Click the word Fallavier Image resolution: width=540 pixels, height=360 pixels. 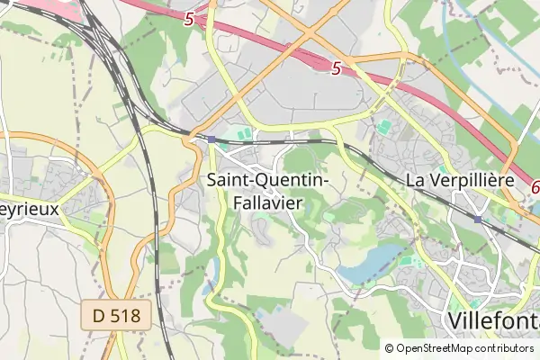(266, 203)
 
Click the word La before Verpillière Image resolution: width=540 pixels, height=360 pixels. (417, 180)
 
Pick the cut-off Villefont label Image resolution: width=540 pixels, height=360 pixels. (493, 320)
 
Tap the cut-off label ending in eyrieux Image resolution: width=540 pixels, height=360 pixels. (29, 208)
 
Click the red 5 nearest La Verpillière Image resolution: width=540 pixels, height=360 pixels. (336, 67)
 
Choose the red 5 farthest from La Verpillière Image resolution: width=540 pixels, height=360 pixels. (187, 18)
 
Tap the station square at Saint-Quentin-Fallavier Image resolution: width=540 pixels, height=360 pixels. (212, 139)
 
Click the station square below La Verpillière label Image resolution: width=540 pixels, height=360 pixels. (477, 219)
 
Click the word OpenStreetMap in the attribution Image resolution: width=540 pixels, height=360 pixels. (435, 348)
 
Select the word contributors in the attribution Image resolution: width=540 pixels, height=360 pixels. (504, 348)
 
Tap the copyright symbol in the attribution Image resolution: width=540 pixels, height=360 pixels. (389, 348)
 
